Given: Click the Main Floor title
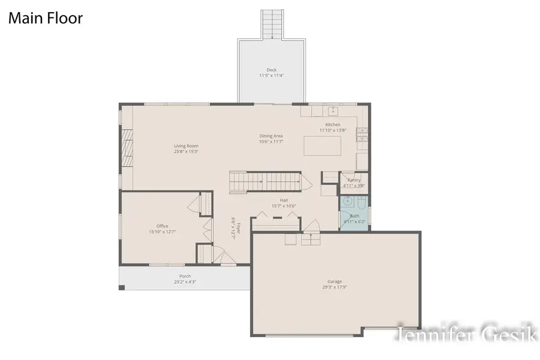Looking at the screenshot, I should click(x=45, y=19).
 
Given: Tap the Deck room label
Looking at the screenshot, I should click(x=272, y=70).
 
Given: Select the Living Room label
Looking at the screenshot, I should click(x=186, y=146).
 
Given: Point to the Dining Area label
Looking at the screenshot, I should click(x=271, y=136).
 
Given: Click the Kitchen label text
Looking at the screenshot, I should click(x=333, y=125).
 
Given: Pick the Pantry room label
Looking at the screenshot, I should click(x=354, y=180).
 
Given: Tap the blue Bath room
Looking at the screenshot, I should click(x=355, y=212).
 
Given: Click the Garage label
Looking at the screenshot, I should click(x=334, y=281).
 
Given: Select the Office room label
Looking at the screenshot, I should click(x=162, y=226).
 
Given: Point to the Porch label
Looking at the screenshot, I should click(x=185, y=276).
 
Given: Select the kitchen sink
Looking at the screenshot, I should click(x=332, y=111).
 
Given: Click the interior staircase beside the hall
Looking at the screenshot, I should click(x=264, y=179).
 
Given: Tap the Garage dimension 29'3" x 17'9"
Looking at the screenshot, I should click(x=334, y=287).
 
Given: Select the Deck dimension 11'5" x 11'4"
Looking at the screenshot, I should click(x=272, y=76).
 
